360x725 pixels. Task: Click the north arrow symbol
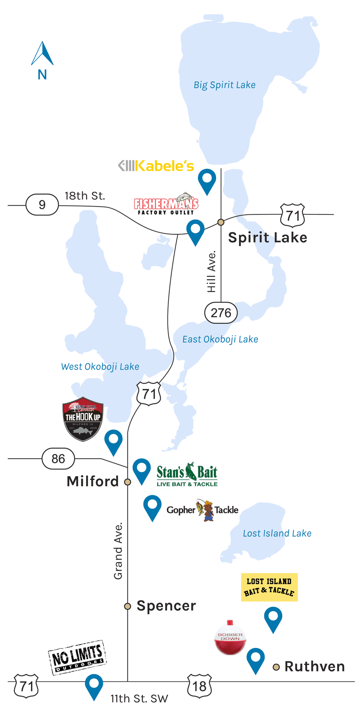tap(42, 54)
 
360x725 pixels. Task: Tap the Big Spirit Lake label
tap(225, 85)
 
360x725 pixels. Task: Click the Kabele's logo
tap(156, 166)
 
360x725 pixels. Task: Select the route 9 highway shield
tap(42, 205)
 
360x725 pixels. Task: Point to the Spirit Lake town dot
tap(221, 222)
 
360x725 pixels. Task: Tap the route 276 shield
tap(221, 313)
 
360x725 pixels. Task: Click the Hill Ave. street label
tap(211, 272)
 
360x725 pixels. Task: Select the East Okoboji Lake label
tap(220, 339)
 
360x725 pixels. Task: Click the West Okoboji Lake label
tap(100, 367)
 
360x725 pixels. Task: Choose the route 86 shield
tap(58, 459)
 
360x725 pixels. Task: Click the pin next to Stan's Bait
tap(141, 469)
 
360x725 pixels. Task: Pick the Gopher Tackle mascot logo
tap(204, 510)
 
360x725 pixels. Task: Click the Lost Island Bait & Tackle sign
tap(269, 587)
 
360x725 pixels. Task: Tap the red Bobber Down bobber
tap(230, 638)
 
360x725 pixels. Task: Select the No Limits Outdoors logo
tap(77, 657)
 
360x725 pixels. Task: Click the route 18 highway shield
tap(199, 686)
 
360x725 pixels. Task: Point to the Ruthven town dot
tap(276, 667)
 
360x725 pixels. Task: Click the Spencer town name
tap(166, 606)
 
